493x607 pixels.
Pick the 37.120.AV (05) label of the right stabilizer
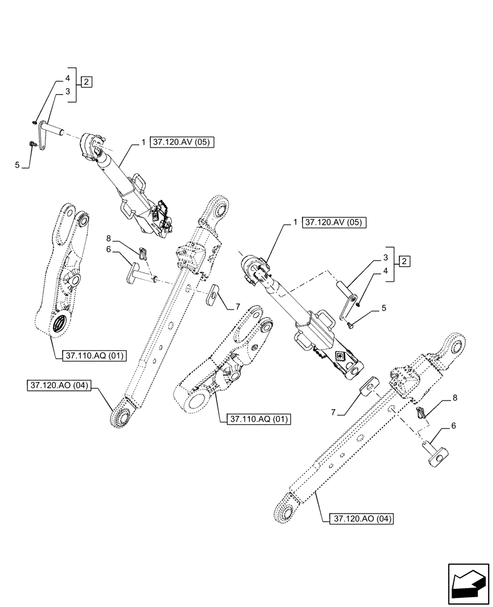[335, 222]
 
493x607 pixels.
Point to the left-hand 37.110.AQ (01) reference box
[93, 356]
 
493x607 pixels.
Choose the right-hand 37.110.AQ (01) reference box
[258, 419]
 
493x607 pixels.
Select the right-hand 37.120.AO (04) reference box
[360, 519]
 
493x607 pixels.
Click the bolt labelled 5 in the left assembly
[32, 143]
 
